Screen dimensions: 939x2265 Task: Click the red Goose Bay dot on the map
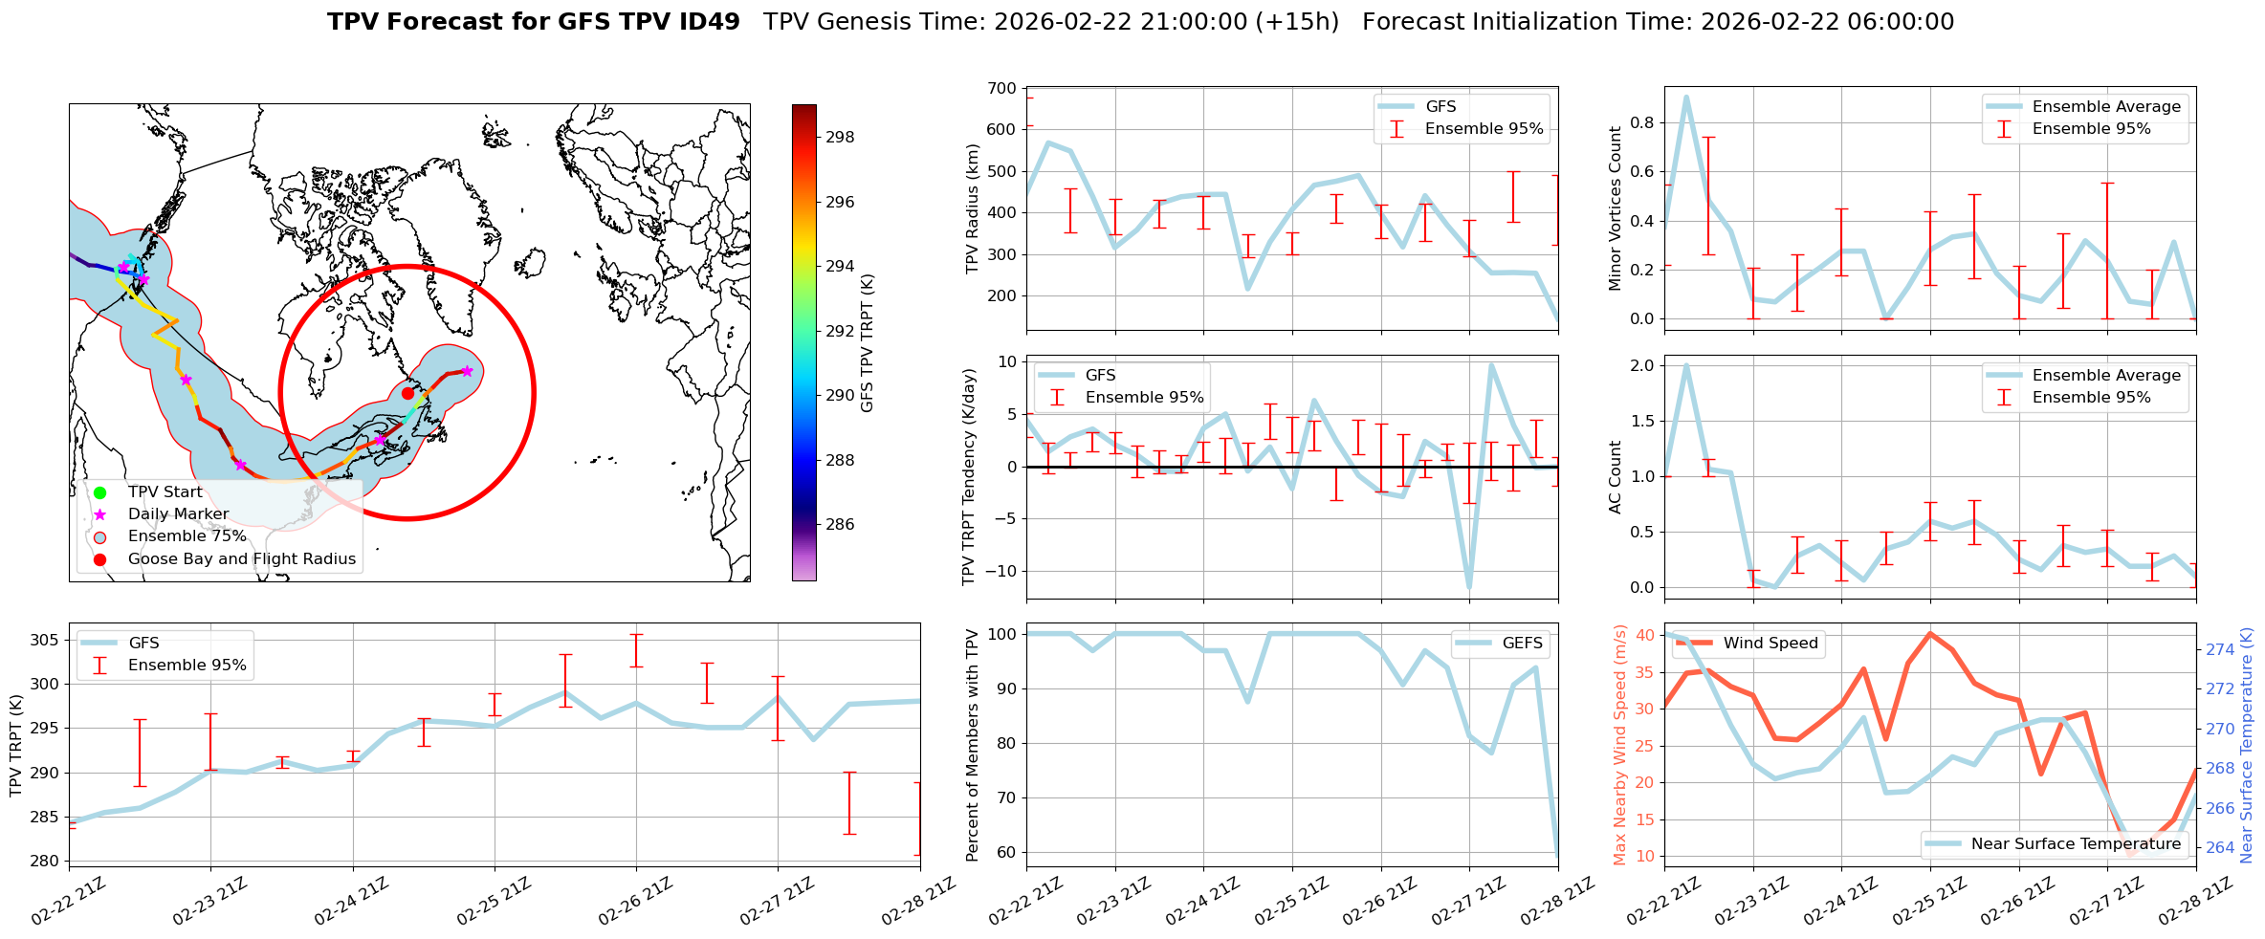click(407, 393)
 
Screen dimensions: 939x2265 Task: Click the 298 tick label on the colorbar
click(840, 137)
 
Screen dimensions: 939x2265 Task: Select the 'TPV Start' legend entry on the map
click(165, 492)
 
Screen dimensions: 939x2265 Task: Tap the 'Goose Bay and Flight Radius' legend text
click(241, 558)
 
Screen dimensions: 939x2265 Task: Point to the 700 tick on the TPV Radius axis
click(1002, 88)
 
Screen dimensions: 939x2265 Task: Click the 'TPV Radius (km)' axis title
click(973, 208)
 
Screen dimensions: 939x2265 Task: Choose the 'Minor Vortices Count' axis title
click(1616, 208)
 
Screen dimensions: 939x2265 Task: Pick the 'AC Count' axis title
click(1616, 477)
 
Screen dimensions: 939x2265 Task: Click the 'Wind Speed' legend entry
click(1770, 643)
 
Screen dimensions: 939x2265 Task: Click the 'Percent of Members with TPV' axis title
click(973, 745)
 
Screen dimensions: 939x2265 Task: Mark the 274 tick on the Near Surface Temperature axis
click(2220, 649)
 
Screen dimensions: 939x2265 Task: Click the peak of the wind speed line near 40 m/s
click(1930, 633)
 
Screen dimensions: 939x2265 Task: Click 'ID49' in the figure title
click(706, 22)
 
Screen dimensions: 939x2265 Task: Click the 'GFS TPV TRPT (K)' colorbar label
click(868, 342)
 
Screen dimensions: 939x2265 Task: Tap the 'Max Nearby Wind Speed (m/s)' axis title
click(1619, 745)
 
